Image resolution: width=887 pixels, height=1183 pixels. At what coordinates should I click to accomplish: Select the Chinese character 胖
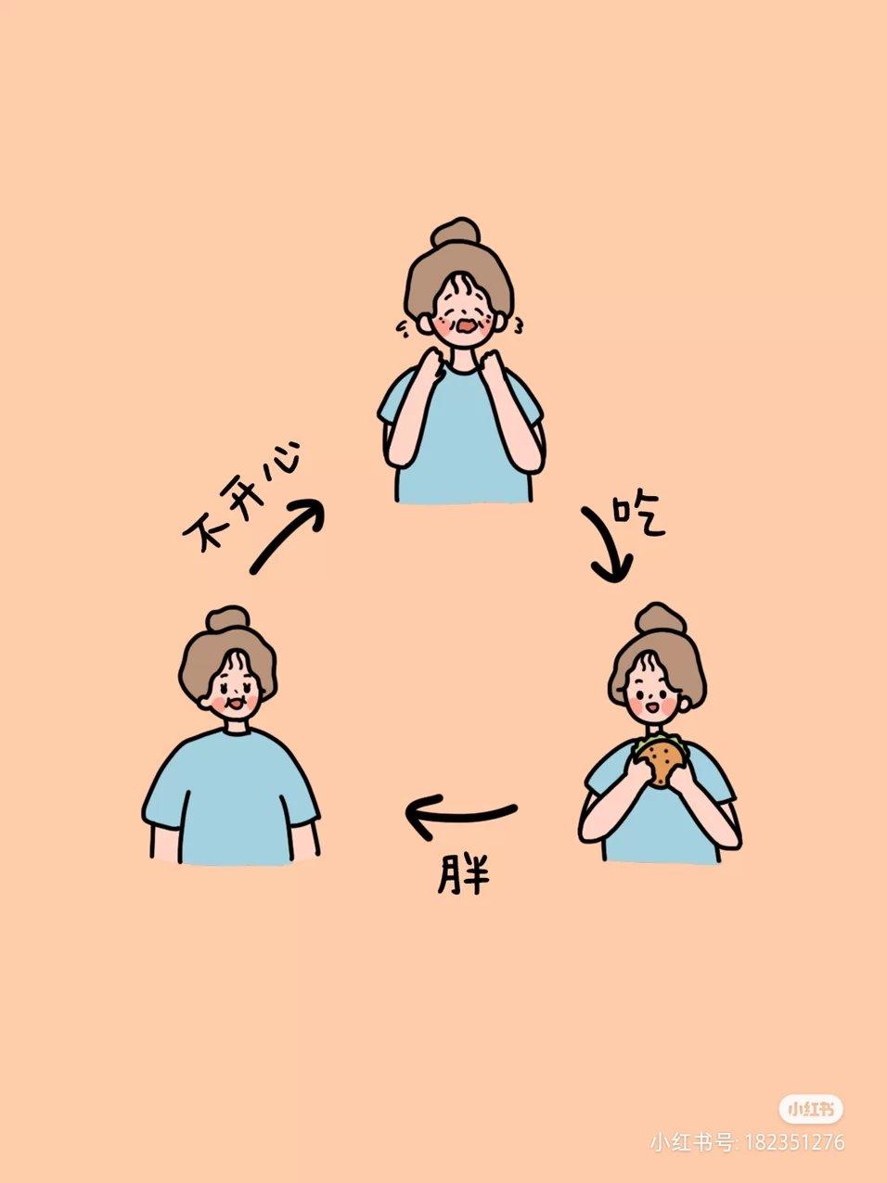(463, 874)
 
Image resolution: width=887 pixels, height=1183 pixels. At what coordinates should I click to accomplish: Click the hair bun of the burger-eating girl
(660, 620)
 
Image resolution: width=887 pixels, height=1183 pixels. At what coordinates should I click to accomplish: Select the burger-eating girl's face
(656, 696)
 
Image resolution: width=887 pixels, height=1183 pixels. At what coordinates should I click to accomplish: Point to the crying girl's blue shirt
(461, 437)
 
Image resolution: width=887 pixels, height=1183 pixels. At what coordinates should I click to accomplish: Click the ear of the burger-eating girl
(685, 702)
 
